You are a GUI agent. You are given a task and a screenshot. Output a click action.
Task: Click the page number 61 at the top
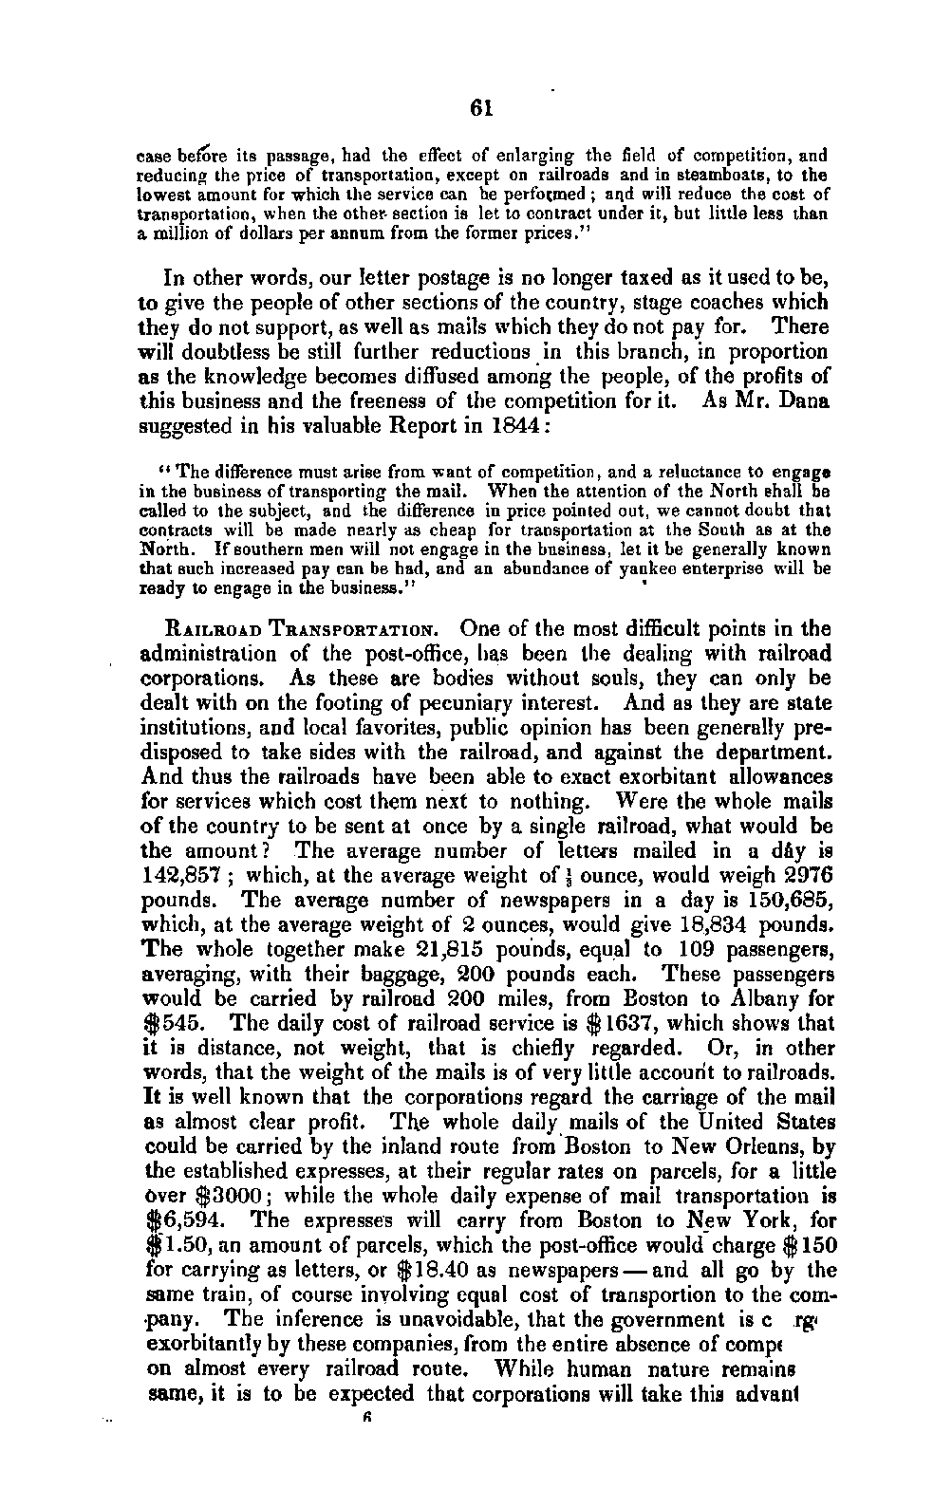[x=483, y=107]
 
